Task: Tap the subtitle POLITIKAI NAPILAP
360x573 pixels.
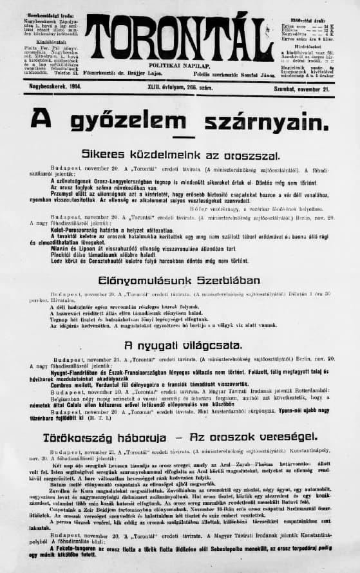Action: pos(180,66)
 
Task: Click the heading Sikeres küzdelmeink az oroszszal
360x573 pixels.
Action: pos(180,155)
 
